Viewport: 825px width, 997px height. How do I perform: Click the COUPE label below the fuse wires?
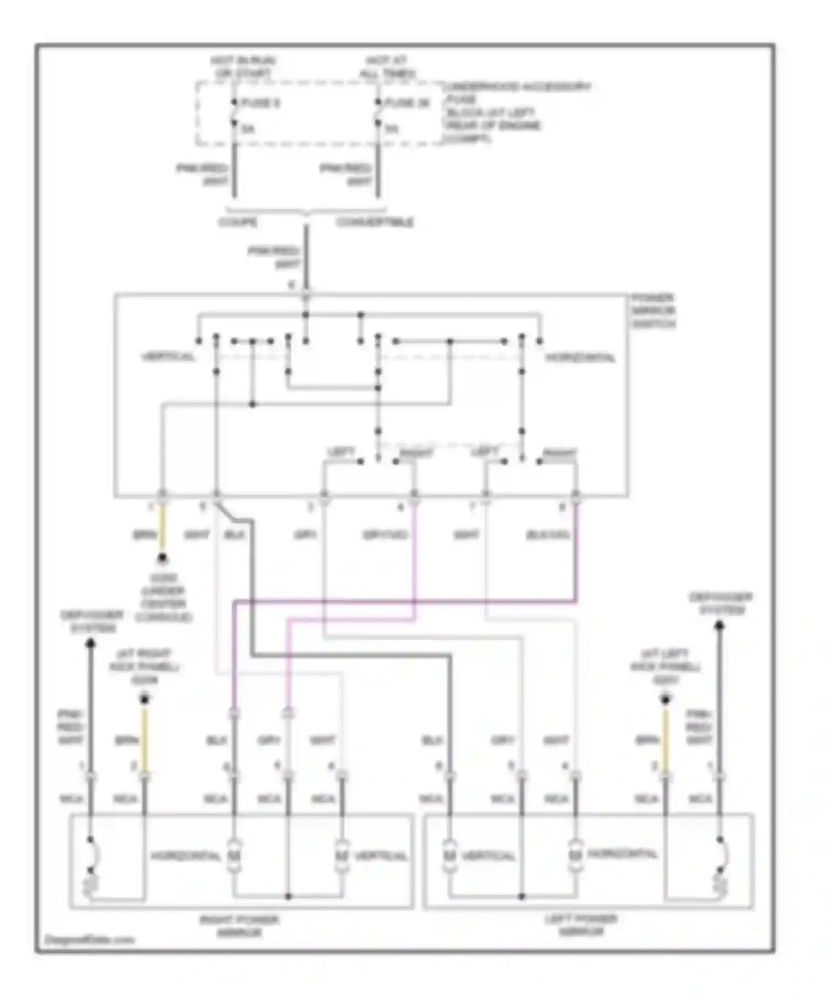[x=238, y=223]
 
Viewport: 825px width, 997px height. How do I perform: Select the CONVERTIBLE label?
[x=375, y=223]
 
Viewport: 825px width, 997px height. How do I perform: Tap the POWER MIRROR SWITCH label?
[x=653, y=311]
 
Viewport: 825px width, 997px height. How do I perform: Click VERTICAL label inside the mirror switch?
[x=168, y=357]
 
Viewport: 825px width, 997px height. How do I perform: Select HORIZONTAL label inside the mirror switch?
[x=581, y=358]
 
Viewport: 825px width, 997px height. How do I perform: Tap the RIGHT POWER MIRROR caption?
[x=239, y=926]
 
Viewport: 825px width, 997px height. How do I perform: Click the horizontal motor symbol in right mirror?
[x=234, y=856]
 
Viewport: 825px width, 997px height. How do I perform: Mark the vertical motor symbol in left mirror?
[x=449, y=856]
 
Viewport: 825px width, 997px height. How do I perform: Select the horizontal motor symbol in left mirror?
[x=575, y=855]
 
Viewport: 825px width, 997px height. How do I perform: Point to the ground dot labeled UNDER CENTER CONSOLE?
[x=162, y=560]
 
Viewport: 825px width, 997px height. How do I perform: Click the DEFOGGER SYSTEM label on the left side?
[x=92, y=621]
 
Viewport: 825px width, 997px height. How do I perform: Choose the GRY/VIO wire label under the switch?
[x=385, y=535]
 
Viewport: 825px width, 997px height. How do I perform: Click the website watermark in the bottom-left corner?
[x=89, y=939]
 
